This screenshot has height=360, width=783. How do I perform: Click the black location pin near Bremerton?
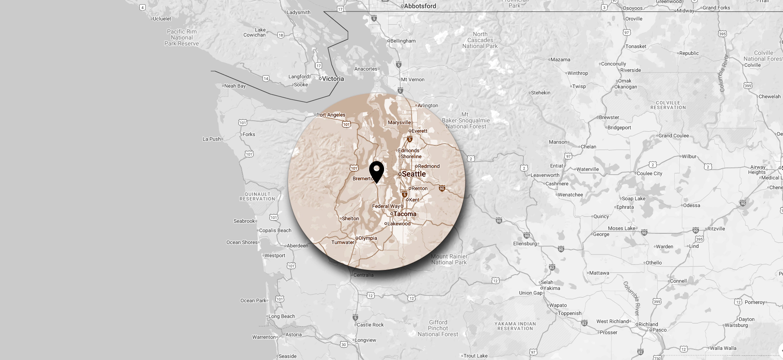tap(376, 171)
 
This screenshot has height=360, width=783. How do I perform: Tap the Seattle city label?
tap(413, 174)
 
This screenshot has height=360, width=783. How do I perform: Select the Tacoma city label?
tap(404, 214)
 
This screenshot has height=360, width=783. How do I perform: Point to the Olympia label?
tap(367, 238)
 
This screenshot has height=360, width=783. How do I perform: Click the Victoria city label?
tap(333, 79)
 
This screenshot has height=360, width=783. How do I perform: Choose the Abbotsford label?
tap(420, 6)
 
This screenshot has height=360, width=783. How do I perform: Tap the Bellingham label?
tap(403, 41)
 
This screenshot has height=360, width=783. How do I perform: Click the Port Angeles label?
tap(331, 115)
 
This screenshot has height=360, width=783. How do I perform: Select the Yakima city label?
tap(551, 288)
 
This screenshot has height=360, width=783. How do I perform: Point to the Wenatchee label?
tap(570, 195)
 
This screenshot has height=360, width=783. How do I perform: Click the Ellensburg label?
tap(525, 244)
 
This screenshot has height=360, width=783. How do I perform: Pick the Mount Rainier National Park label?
tap(449, 259)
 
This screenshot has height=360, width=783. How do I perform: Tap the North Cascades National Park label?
tap(480, 40)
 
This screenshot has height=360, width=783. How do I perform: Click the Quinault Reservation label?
tap(257, 196)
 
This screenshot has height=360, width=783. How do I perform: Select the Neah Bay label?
tap(235, 86)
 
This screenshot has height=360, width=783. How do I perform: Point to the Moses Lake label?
tap(622, 228)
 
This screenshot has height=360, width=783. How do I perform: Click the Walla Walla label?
tap(723, 348)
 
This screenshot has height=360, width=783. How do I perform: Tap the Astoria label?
tap(294, 334)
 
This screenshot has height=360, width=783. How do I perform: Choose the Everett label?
tap(419, 131)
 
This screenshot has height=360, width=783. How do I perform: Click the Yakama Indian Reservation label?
tap(515, 326)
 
